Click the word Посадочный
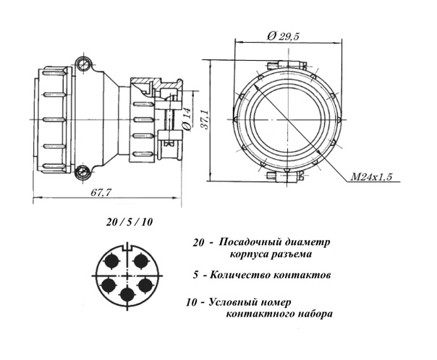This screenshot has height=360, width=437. click(x=246, y=241)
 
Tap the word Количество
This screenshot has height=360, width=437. click(x=245, y=275)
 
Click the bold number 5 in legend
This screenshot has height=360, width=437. click(x=197, y=275)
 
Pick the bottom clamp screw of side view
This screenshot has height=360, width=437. click(x=86, y=171)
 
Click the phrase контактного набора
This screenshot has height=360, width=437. click(x=280, y=314)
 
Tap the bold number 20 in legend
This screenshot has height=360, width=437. click(x=200, y=241)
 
